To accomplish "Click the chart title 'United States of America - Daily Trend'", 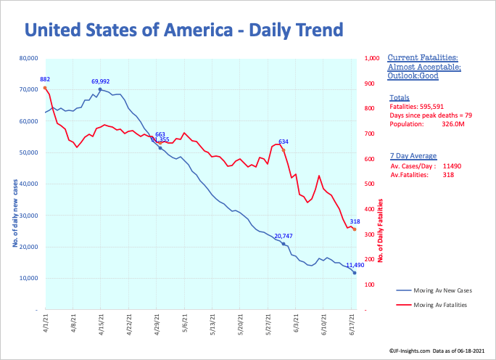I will [183, 30].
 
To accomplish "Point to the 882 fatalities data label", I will [45, 79].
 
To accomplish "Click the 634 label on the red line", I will [283, 142].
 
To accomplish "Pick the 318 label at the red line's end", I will [355, 221].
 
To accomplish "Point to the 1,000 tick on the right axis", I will [371, 58].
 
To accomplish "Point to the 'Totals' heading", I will [400, 97].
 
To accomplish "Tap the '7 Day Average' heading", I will [413, 156].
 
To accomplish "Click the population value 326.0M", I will [453, 124].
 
